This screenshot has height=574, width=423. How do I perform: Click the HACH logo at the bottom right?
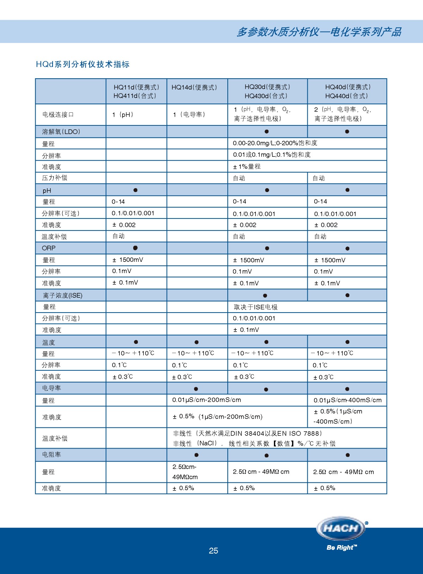click(x=341, y=529)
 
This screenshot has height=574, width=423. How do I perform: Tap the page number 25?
click(x=213, y=551)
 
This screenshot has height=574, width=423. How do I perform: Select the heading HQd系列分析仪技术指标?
click(x=83, y=64)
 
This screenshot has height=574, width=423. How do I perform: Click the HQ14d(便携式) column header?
click(x=194, y=87)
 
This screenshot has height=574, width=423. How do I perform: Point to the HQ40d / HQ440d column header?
click(x=347, y=91)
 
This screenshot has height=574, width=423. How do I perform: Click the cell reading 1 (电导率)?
click(x=189, y=115)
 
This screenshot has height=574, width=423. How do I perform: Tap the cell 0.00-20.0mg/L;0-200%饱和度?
click(x=275, y=143)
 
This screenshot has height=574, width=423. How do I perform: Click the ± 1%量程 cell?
click(x=247, y=166)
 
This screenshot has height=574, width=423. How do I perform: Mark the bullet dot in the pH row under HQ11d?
click(x=135, y=190)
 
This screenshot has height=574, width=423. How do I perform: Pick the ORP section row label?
click(x=49, y=248)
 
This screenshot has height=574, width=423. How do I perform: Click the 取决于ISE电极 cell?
click(x=256, y=307)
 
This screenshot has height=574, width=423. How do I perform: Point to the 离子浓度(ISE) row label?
click(x=62, y=295)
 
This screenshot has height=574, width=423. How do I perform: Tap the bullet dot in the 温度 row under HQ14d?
click(x=196, y=342)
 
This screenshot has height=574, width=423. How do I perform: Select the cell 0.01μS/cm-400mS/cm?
click(x=347, y=400)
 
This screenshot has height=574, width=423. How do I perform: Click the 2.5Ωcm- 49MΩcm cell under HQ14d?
click(x=185, y=472)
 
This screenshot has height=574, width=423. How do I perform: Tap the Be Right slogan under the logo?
click(x=342, y=548)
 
